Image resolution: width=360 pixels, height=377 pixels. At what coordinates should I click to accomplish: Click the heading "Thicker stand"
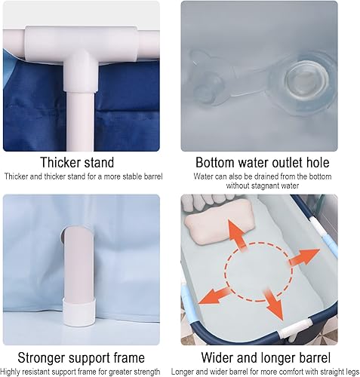point(77,162)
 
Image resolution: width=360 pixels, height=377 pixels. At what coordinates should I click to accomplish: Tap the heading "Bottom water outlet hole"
point(263,162)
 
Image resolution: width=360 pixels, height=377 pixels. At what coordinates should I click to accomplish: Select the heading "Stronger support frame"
point(81,357)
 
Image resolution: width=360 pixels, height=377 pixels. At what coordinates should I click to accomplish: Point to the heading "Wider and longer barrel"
point(266,357)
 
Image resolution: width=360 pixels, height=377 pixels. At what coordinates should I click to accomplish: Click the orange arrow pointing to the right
point(304,257)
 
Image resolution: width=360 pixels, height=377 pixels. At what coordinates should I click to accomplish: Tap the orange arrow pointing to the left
point(214,296)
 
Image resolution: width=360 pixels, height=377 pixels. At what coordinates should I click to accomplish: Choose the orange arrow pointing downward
point(273,305)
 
